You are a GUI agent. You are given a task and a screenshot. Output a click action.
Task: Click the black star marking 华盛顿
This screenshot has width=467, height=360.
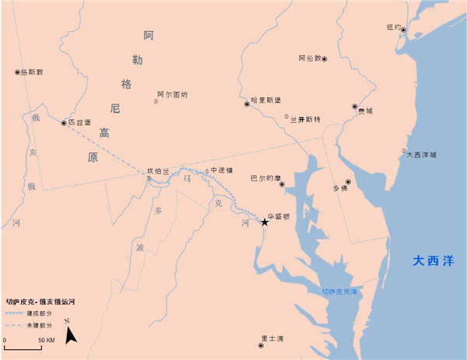point(265,222)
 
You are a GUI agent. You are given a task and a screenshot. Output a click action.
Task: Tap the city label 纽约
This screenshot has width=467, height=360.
point(394,27)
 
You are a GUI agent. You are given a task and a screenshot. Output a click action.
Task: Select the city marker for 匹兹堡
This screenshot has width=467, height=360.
point(64,122)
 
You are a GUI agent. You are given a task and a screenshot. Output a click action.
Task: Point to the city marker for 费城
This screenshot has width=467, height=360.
point(354,107)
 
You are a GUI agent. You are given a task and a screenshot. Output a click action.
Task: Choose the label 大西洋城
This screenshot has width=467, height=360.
point(427,155)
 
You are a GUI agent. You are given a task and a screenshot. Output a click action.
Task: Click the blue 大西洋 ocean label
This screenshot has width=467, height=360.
point(432,260)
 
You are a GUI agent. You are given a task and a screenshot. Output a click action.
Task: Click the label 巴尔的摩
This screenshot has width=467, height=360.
point(265,178)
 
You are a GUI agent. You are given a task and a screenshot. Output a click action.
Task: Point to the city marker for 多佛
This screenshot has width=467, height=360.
point(349,182)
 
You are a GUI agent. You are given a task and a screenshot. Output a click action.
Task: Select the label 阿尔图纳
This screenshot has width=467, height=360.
point(172,94)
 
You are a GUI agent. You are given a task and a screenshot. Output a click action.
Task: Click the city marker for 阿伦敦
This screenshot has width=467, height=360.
point(325,59)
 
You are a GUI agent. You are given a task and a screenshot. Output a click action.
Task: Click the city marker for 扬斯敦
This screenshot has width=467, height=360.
point(17,72)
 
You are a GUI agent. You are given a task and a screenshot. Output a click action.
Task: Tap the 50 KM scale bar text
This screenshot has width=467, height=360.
point(45,341)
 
